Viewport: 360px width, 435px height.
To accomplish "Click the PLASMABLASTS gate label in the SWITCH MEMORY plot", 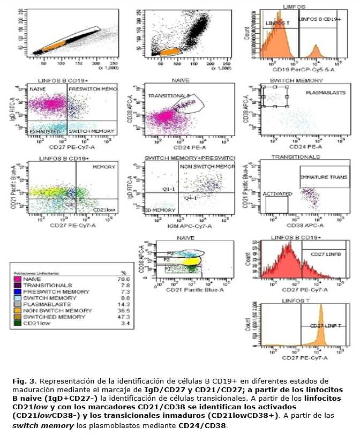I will pyautogui.click(x=322, y=93).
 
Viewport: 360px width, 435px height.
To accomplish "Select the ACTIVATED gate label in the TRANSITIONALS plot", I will pyautogui.click(x=277, y=193).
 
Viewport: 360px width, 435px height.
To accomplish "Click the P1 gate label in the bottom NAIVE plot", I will pyautogui.click(x=168, y=267).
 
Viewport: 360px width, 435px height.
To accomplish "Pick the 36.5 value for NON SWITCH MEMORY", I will pyautogui.click(x=122, y=311).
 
